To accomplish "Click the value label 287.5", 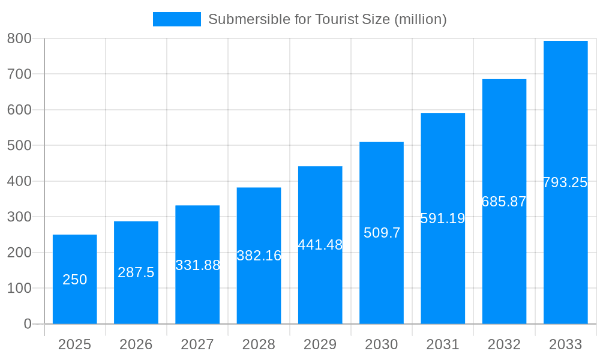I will pyautogui.click(x=136, y=272).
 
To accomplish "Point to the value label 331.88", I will pyautogui.click(x=197, y=265).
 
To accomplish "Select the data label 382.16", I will pyautogui.click(x=259, y=256).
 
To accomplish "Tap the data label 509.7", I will pyautogui.click(x=382, y=233).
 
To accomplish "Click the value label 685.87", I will pyautogui.click(x=504, y=202).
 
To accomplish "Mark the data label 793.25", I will pyautogui.click(x=565, y=182).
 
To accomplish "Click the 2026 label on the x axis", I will pyautogui.click(x=136, y=344).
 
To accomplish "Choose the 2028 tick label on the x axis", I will pyautogui.click(x=259, y=344).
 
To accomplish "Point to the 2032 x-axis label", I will pyautogui.click(x=504, y=344).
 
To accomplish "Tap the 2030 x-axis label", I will pyautogui.click(x=382, y=344).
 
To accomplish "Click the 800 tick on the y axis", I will pyautogui.click(x=19, y=38).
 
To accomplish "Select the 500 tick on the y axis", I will pyautogui.click(x=19, y=145).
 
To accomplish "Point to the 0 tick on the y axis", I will pyautogui.click(x=28, y=324).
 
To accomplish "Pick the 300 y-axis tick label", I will pyautogui.click(x=19, y=217).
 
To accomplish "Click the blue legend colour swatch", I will pyautogui.click(x=177, y=19).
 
